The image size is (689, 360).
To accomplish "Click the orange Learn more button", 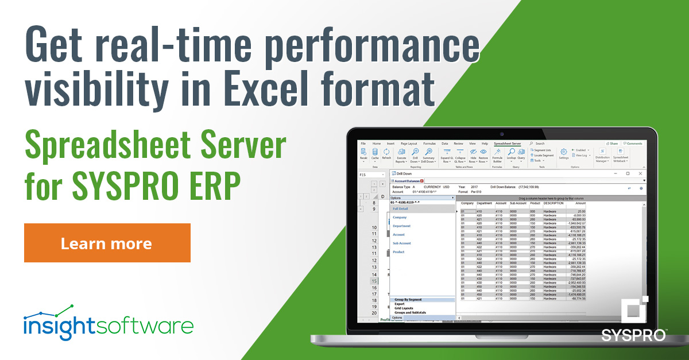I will click(107, 243).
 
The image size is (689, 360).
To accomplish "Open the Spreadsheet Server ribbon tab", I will click(508, 144).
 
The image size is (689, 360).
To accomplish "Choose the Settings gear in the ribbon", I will click(563, 154).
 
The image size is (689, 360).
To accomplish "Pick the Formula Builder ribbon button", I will click(497, 154).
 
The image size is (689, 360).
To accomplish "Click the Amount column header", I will click(580, 203).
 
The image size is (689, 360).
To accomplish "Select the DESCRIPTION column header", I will click(553, 203).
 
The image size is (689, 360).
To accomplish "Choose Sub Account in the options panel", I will click(402, 243).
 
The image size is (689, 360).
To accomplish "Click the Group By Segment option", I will click(408, 300).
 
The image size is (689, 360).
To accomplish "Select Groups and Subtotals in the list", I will click(410, 312).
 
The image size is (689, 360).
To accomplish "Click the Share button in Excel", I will click(613, 144).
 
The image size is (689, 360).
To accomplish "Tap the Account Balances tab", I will click(407, 181).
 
